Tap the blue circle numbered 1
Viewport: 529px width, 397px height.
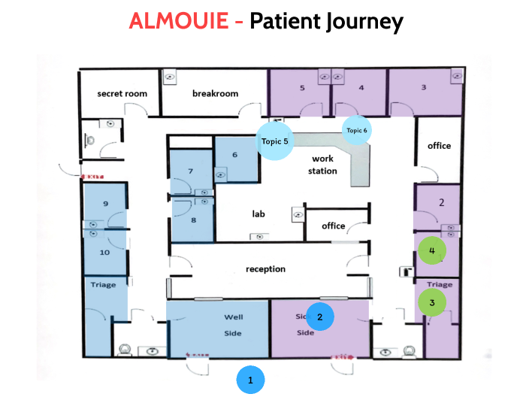[x=250, y=380]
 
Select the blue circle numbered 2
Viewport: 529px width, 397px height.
[x=320, y=317]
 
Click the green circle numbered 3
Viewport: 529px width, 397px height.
[x=432, y=303]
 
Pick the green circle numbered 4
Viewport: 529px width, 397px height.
[x=432, y=250]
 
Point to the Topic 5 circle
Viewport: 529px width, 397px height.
[x=275, y=141]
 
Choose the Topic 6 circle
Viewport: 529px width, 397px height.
[x=357, y=130]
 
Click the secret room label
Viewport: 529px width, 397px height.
[x=122, y=93]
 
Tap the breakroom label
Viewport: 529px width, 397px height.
[x=215, y=93]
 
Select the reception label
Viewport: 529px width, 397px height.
[x=266, y=268]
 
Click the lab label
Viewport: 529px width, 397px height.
[x=258, y=214]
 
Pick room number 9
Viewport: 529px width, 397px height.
[x=106, y=204]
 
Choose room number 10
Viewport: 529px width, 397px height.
[x=105, y=252]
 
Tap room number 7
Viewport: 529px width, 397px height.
[x=191, y=171]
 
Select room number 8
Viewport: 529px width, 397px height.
[x=193, y=220]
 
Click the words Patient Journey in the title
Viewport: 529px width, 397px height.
[x=326, y=20]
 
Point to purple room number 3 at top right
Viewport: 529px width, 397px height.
[x=424, y=87]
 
